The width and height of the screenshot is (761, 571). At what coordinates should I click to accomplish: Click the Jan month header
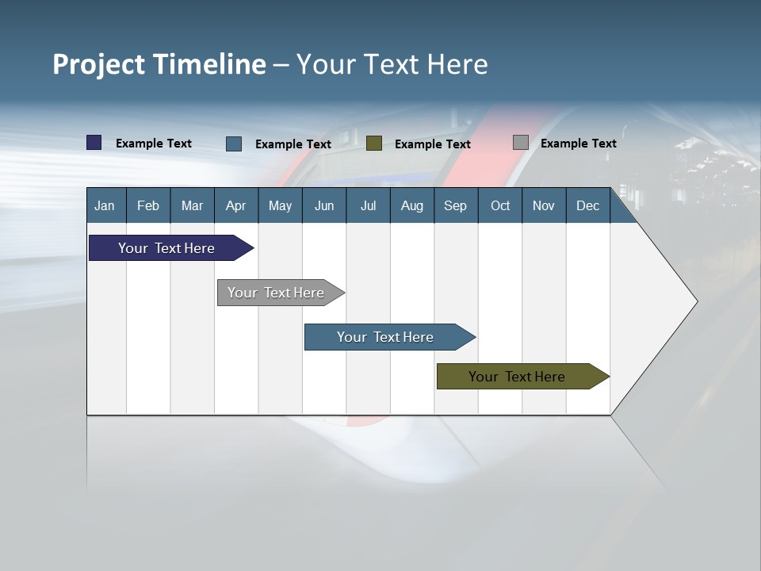pyautogui.click(x=105, y=205)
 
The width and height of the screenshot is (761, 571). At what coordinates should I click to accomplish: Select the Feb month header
pyautogui.click(x=148, y=205)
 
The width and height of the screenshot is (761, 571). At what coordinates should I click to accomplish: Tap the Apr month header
pyautogui.click(x=236, y=205)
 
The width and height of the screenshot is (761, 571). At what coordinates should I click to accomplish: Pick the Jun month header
pyautogui.click(x=324, y=205)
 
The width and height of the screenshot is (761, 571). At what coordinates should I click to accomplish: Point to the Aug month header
pyautogui.click(x=412, y=205)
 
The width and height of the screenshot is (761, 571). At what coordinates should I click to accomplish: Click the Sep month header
pyautogui.click(x=456, y=205)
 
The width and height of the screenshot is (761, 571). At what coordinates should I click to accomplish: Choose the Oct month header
pyautogui.click(x=500, y=205)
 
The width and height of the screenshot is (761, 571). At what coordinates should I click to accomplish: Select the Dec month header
pyautogui.click(x=588, y=205)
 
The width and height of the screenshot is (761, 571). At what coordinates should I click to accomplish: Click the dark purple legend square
pyautogui.click(x=94, y=143)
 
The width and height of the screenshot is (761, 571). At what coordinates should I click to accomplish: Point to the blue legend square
pyautogui.click(x=234, y=144)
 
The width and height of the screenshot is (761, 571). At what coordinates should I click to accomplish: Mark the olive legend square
pyautogui.click(x=374, y=144)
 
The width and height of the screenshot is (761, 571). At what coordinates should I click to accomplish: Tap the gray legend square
pyautogui.click(x=521, y=143)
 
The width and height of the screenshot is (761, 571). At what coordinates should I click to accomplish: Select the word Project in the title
pyautogui.click(x=99, y=64)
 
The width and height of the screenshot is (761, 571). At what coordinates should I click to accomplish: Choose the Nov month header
pyautogui.click(x=544, y=205)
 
